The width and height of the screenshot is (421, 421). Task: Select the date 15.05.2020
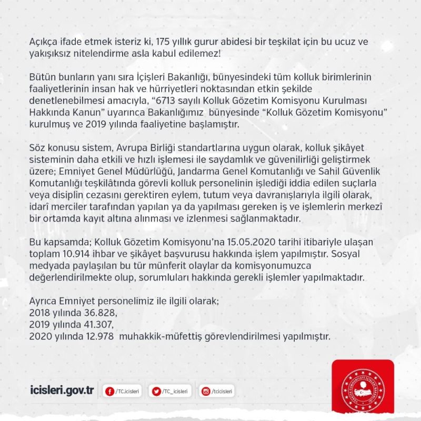[246, 243]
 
